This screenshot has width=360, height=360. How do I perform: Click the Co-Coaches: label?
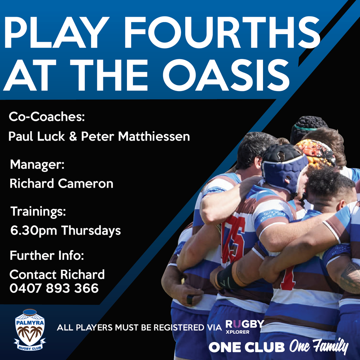tap(47, 117)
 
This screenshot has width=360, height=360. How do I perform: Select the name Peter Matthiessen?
tap(135, 136)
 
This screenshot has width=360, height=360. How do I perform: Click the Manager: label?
tap(37, 164)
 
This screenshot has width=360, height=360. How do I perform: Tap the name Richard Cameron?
tap(61, 183)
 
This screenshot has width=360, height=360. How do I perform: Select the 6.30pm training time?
tap(34, 231)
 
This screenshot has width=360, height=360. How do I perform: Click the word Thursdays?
tap(91, 231)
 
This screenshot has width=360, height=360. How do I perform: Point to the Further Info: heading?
tap(47, 255)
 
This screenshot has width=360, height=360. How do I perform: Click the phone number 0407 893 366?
tap(54, 288)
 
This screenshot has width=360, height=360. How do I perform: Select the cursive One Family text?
tap(319, 347)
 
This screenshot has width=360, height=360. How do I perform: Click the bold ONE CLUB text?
tap(246, 347)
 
